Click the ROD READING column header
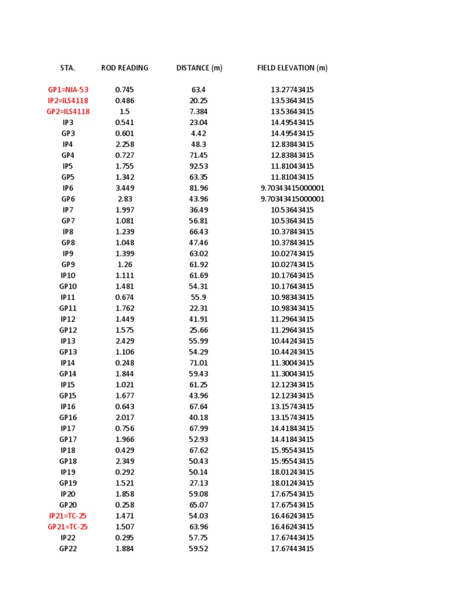(x=124, y=68)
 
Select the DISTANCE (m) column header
(x=199, y=68)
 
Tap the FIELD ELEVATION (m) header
(x=292, y=68)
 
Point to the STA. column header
(x=68, y=68)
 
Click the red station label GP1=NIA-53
(x=68, y=90)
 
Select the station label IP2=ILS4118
(x=68, y=101)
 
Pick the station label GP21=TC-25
(x=68, y=527)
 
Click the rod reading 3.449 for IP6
(x=124, y=188)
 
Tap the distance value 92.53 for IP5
(x=199, y=166)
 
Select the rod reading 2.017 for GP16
(x=124, y=418)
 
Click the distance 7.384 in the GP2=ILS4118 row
(x=199, y=112)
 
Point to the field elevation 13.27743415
(x=292, y=90)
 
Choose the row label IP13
(x=68, y=341)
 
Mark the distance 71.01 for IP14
(x=199, y=363)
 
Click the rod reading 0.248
(x=124, y=363)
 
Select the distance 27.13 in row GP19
(x=199, y=484)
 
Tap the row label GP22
(x=68, y=549)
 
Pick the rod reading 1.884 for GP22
(x=124, y=549)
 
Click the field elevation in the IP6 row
(x=292, y=188)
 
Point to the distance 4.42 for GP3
(x=199, y=134)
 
